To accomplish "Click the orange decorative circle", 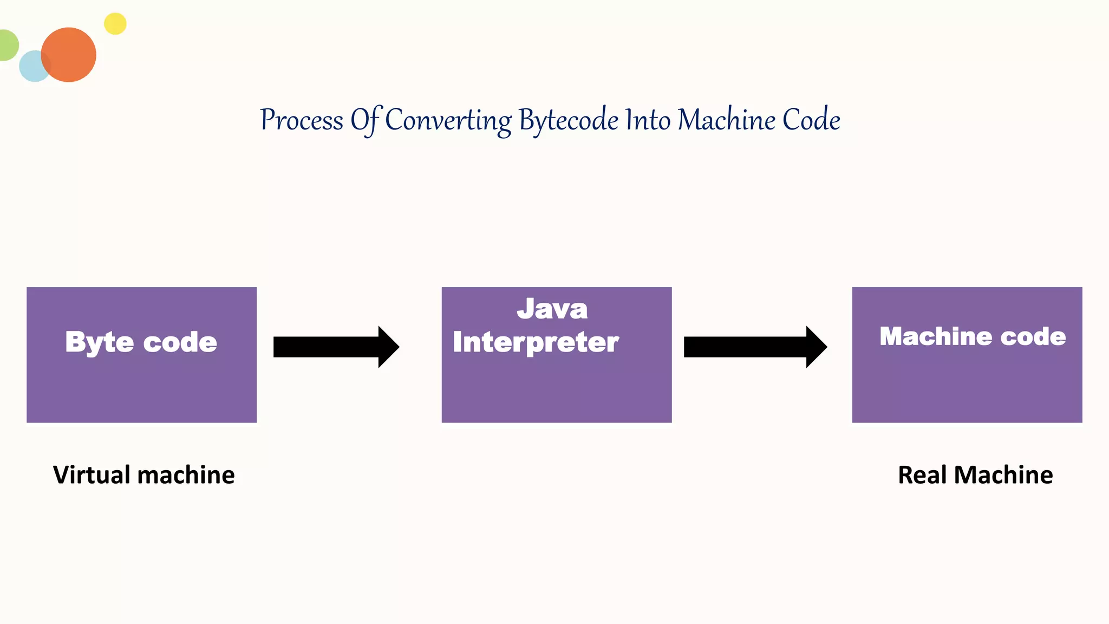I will pos(69,55).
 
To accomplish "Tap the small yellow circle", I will pos(115,24).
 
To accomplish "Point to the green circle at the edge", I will pos(8,45).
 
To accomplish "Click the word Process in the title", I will pos(302,120).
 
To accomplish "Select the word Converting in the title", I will pos(448,120).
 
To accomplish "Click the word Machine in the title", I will pos(726,120).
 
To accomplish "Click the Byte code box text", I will pos(141,342).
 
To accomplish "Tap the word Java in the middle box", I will pos(552,309).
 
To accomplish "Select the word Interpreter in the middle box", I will pos(536,342).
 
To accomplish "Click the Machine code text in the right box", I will pos(973,336).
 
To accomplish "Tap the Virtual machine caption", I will pos(144,475).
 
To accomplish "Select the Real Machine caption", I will pos(975,475).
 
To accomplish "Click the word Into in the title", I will pos(648,120).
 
